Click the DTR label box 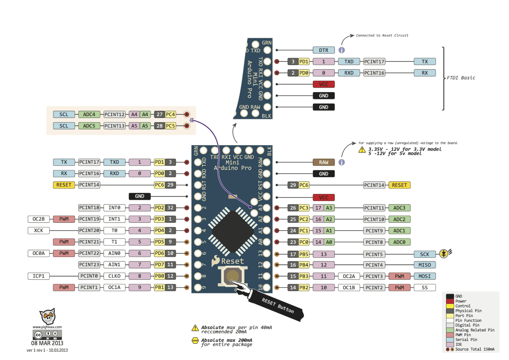click(324, 51)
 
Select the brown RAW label click(324, 162)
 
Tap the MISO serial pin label click(425, 265)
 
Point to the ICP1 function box click(39, 276)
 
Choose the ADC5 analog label click(89, 126)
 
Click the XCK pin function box click(39, 230)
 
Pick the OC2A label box click(349, 276)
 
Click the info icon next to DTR click(342, 51)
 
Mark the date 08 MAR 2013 click(47, 343)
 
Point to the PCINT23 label click(89, 265)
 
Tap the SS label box click(425, 288)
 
